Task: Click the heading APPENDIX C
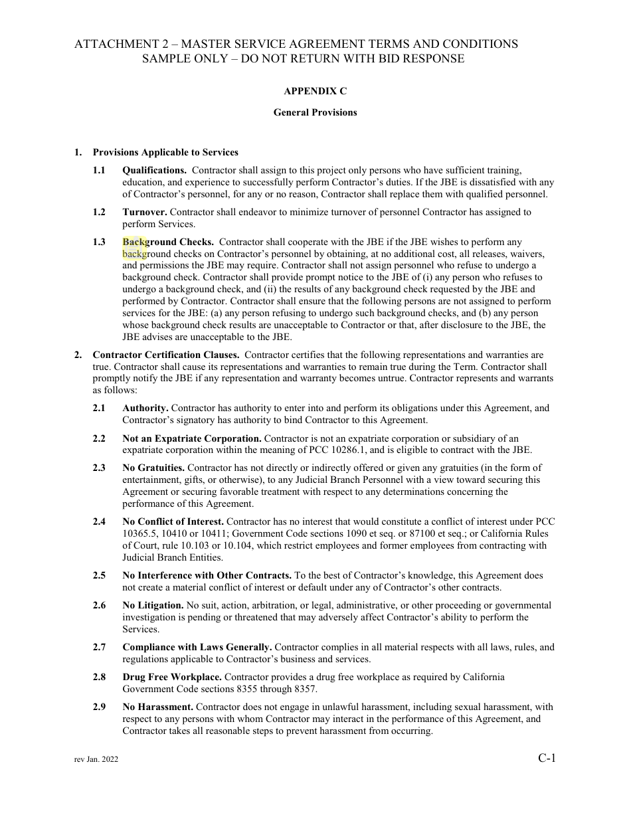pos(315,91)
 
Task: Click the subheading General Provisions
pos(315,112)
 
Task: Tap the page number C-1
pos(547,757)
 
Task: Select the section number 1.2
pos(99,212)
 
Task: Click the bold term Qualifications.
pos(154,170)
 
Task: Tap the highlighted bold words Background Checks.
pos(168,242)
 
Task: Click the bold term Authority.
pos(145,408)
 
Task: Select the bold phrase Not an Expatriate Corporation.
pos(192,438)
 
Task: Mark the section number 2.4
pos(99,521)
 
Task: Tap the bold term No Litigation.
pos(153,605)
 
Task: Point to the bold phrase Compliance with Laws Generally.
pos(197,647)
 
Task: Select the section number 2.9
pos(99,707)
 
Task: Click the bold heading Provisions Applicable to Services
pos(165,152)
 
